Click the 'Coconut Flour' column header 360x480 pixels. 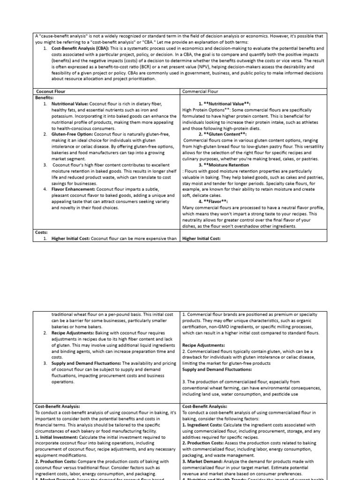(51, 91)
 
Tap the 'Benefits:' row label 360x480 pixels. (45, 97)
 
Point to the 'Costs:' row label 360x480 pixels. (42, 232)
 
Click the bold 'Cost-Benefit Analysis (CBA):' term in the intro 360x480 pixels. (80, 48)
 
